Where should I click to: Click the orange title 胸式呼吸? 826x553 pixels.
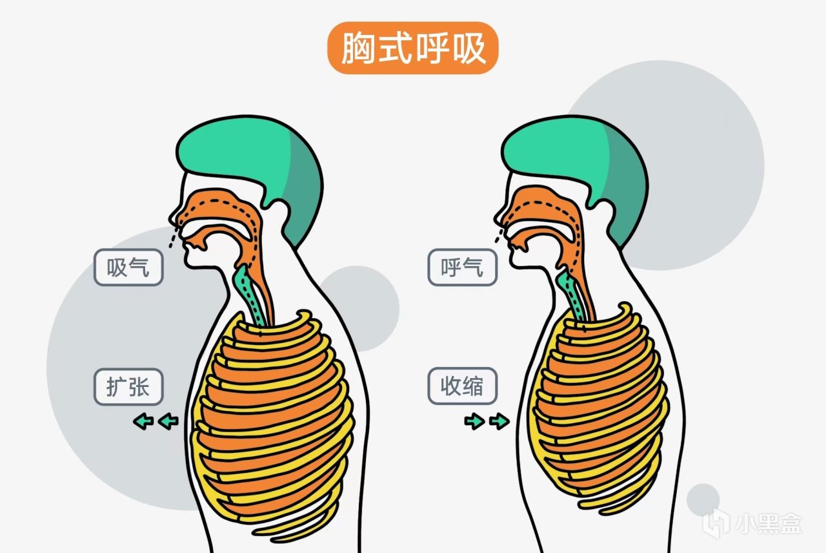[x=412, y=48]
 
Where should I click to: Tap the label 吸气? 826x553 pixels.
[x=128, y=267]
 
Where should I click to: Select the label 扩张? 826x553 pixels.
[x=128, y=386]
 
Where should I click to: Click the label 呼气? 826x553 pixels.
[x=463, y=267]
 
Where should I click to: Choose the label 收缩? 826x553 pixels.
[x=463, y=386]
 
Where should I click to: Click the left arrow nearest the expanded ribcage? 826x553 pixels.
[x=168, y=421]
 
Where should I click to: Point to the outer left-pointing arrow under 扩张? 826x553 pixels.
[x=143, y=421]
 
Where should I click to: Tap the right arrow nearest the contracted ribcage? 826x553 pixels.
[x=499, y=421]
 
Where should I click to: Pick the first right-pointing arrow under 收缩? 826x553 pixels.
[x=474, y=421]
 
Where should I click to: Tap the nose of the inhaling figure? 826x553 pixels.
[x=174, y=217]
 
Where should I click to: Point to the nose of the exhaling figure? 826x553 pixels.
[x=499, y=217]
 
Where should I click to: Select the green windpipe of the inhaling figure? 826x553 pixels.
[x=249, y=295]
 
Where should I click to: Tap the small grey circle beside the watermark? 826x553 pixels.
[x=703, y=500]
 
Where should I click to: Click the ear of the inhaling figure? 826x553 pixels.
[x=279, y=213]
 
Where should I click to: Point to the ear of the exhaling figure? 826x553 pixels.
[x=603, y=213]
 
